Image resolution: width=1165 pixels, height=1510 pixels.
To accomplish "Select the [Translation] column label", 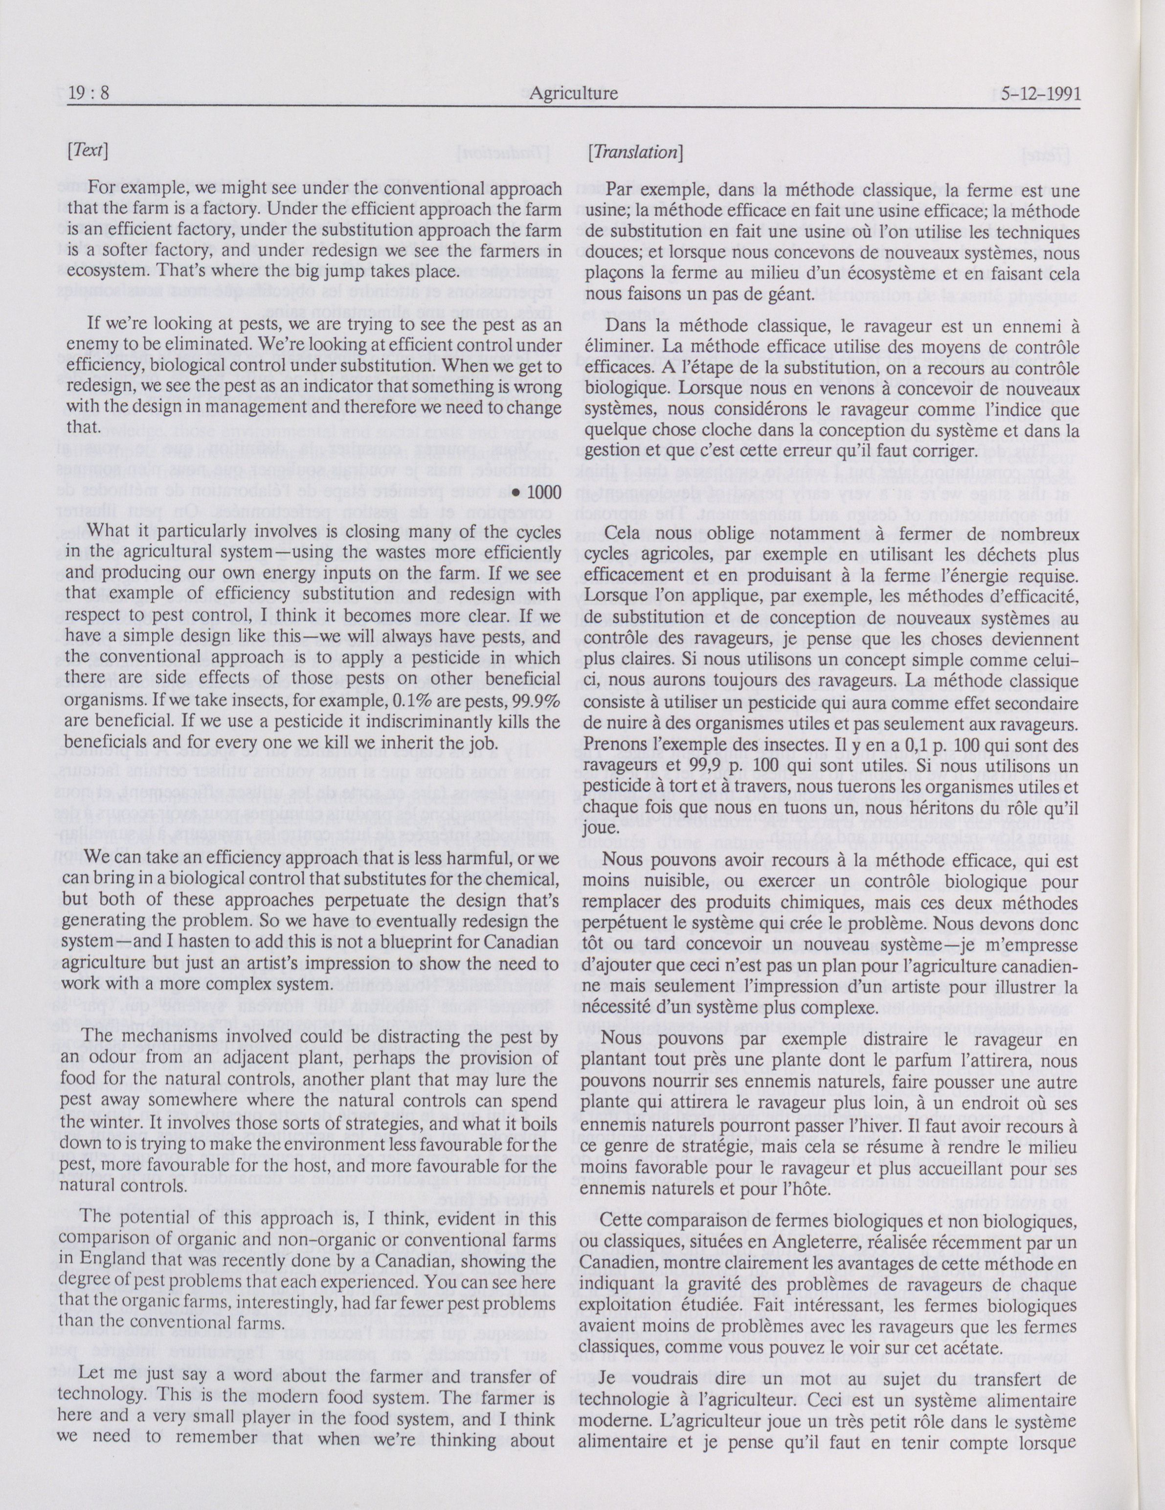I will pyautogui.click(x=634, y=152).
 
